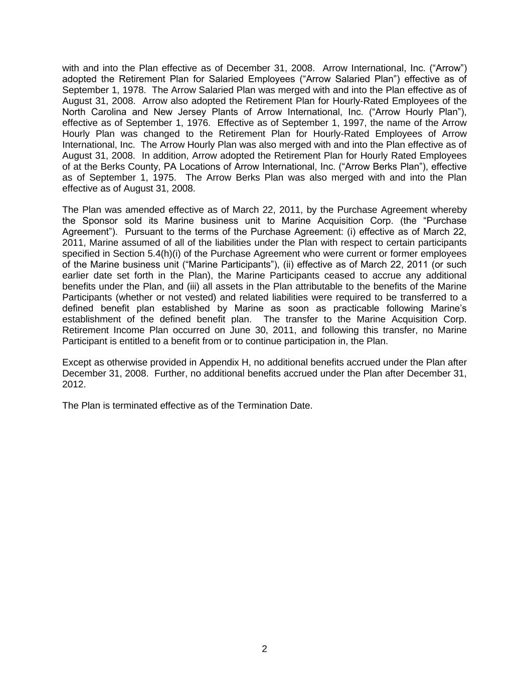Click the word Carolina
point(109,112)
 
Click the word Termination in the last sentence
point(262,405)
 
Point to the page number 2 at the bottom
point(264,649)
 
